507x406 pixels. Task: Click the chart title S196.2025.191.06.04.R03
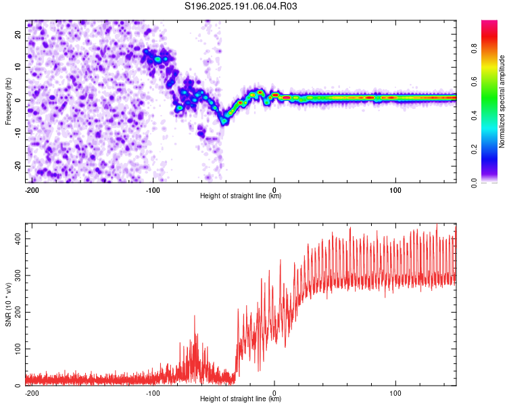pyautogui.click(x=241, y=6)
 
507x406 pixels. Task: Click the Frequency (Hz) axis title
pyautogui.click(x=8, y=101)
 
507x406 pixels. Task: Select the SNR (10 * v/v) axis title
pyautogui.click(x=8, y=304)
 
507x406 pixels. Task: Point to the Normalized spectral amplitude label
pyautogui.click(x=502, y=101)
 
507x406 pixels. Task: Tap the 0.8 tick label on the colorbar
pyautogui.click(x=474, y=49)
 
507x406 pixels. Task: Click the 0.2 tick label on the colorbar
pyautogui.click(x=474, y=150)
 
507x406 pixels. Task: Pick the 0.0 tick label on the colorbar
pyautogui.click(x=474, y=183)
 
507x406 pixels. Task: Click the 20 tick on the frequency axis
pyautogui.click(x=18, y=34)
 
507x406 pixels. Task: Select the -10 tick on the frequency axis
pyautogui.click(x=18, y=133)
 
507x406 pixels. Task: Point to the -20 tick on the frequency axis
pyautogui.click(x=18, y=166)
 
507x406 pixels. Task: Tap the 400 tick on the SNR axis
pyautogui.click(x=18, y=239)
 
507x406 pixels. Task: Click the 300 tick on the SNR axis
pyautogui.click(x=18, y=275)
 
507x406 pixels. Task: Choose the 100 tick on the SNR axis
pyautogui.click(x=18, y=348)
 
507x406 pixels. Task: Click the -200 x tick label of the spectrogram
pyautogui.click(x=32, y=190)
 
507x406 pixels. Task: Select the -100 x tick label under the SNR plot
pyautogui.click(x=153, y=393)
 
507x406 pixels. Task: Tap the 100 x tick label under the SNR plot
pyautogui.click(x=395, y=393)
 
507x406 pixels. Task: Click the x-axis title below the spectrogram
pyautogui.click(x=241, y=196)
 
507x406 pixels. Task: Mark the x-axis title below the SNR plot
pyautogui.click(x=241, y=399)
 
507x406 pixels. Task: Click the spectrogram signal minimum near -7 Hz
pyautogui.click(x=224, y=122)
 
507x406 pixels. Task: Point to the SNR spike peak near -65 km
pyautogui.click(x=195, y=316)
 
